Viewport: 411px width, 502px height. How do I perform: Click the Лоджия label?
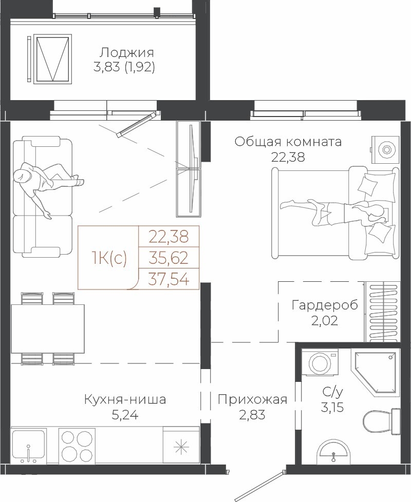point(126,52)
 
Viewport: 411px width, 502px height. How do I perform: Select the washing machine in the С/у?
point(320,362)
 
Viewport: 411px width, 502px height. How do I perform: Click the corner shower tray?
point(375,372)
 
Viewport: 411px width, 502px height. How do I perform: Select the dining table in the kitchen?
point(48,329)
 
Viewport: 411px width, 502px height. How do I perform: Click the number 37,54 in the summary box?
point(169,280)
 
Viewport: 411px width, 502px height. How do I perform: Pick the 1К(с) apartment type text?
point(109,258)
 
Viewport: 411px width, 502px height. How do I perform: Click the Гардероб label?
point(325,305)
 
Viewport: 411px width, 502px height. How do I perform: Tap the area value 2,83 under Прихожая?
point(252,415)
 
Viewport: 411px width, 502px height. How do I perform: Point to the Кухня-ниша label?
point(125,399)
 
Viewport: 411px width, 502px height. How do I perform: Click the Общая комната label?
point(288,142)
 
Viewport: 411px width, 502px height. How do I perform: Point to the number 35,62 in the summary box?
point(169,258)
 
